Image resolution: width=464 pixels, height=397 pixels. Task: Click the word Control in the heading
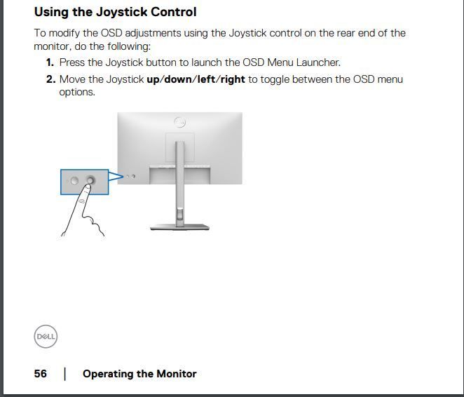tap(174, 12)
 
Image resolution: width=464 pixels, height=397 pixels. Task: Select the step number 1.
tap(50, 62)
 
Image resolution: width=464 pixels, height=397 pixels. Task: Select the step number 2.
tap(51, 79)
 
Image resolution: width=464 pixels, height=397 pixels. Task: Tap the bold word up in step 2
tap(153, 80)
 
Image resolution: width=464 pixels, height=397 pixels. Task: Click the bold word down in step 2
tap(178, 79)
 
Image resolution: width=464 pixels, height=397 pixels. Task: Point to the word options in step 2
tap(77, 93)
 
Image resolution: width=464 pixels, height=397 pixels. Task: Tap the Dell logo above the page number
tap(46, 336)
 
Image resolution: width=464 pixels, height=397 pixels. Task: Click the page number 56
tap(40, 374)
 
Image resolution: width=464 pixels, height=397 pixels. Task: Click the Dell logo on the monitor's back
tap(179, 122)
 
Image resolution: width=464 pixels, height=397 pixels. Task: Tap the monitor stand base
tap(179, 227)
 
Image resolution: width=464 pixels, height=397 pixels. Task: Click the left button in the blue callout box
tap(74, 180)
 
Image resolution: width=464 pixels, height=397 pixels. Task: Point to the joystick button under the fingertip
tap(90, 180)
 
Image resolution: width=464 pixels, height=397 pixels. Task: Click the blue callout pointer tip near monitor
tap(123, 177)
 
